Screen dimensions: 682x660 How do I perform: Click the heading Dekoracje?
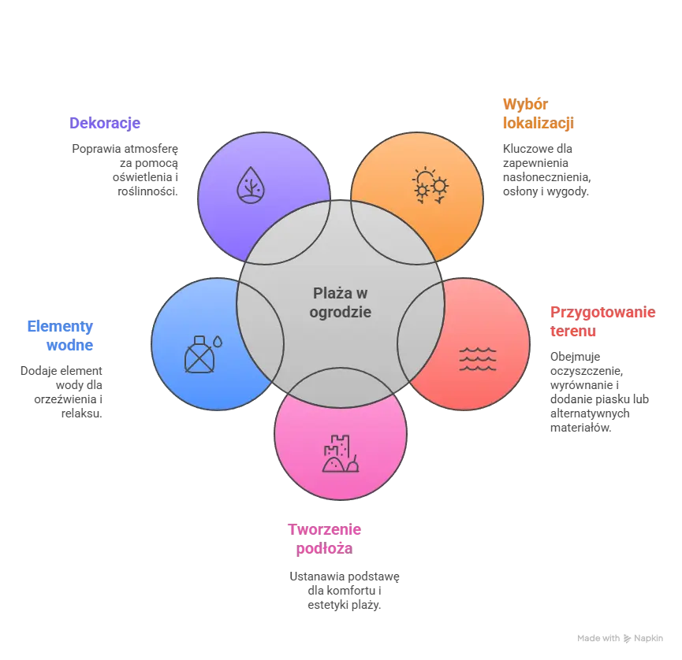(105, 123)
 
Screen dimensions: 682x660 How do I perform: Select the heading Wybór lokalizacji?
(539, 114)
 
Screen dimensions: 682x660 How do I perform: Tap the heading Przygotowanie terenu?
(602, 321)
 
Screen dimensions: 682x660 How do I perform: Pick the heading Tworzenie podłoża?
(325, 539)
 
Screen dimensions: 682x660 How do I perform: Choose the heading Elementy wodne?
(60, 336)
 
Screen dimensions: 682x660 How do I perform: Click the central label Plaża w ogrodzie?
(340, 302)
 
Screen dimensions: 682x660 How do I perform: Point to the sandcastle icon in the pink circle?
(341, 454)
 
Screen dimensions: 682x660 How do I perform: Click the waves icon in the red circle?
(478, 359)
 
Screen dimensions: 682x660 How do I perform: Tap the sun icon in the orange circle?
(430, 185)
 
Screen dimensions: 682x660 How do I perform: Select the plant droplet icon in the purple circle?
(251, 185)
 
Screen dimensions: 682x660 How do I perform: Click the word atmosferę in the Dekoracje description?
(151, 149)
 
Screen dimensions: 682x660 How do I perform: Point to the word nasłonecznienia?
(546, 177)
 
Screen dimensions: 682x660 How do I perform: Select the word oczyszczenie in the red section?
(587, 371)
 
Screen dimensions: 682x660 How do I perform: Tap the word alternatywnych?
(590, 413)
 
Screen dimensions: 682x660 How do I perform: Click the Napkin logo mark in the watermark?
(627, 638)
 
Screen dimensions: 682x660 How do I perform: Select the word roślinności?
(147, 191)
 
